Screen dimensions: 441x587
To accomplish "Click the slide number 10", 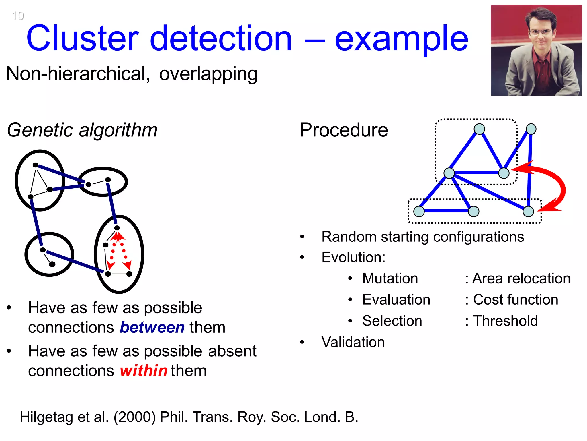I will click(18, 16).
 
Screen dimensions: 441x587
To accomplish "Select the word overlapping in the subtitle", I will click(208, 74).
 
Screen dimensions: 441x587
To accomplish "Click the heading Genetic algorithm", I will click(82, 130).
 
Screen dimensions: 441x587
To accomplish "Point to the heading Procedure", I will click(343, 130).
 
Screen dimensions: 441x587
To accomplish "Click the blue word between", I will click(152, 328).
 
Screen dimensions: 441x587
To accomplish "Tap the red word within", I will click(143, 371).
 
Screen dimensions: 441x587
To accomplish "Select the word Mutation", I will click(390, 278).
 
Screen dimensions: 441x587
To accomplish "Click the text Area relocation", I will click(521, 278).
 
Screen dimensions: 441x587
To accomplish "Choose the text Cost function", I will click(515, 300).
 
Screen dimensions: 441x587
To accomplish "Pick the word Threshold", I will click(505, 321).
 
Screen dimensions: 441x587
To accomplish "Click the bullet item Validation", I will click(353, 342).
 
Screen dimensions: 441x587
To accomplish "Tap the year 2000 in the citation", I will click(135, 417).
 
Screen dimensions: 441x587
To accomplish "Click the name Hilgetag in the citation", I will click(46, 417).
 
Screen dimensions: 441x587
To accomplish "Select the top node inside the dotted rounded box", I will click(479, 129).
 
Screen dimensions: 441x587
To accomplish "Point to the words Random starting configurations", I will click(422, 237).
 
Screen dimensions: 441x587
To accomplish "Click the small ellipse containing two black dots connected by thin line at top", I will click(103, 182).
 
